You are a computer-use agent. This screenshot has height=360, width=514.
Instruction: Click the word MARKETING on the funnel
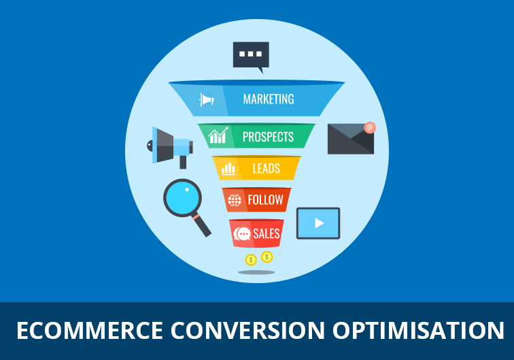[269, 99]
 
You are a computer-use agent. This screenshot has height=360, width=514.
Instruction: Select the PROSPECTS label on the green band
[268, 137]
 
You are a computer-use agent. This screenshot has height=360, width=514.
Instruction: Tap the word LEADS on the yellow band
[267, 169]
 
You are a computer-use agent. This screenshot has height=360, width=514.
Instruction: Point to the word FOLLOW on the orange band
[266, 199]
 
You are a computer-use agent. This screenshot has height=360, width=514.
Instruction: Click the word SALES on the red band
[267, 233]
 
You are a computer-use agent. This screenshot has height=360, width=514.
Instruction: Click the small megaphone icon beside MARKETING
[207, 99]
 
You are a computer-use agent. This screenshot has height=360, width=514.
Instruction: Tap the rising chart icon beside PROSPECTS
[218, 135]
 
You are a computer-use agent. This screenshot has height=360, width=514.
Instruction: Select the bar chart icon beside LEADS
[228, 169]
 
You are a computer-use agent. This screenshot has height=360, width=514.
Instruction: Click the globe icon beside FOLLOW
[235, 200]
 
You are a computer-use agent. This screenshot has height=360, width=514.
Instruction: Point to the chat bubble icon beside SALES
[242, 234]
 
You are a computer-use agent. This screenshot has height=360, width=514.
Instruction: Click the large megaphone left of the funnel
[170, 147]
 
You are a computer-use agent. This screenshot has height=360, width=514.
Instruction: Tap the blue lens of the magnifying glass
[182, 198]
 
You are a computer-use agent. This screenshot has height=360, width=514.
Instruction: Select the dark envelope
[351, 139]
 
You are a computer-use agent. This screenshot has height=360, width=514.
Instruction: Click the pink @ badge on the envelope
[370, 127]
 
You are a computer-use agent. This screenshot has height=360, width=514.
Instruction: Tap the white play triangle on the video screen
[319, 223]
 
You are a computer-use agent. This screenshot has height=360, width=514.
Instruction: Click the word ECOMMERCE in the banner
[90, 330]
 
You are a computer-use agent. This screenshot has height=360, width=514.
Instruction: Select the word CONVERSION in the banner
[247, 330]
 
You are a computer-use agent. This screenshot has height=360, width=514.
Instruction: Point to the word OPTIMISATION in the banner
[418, 330]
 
